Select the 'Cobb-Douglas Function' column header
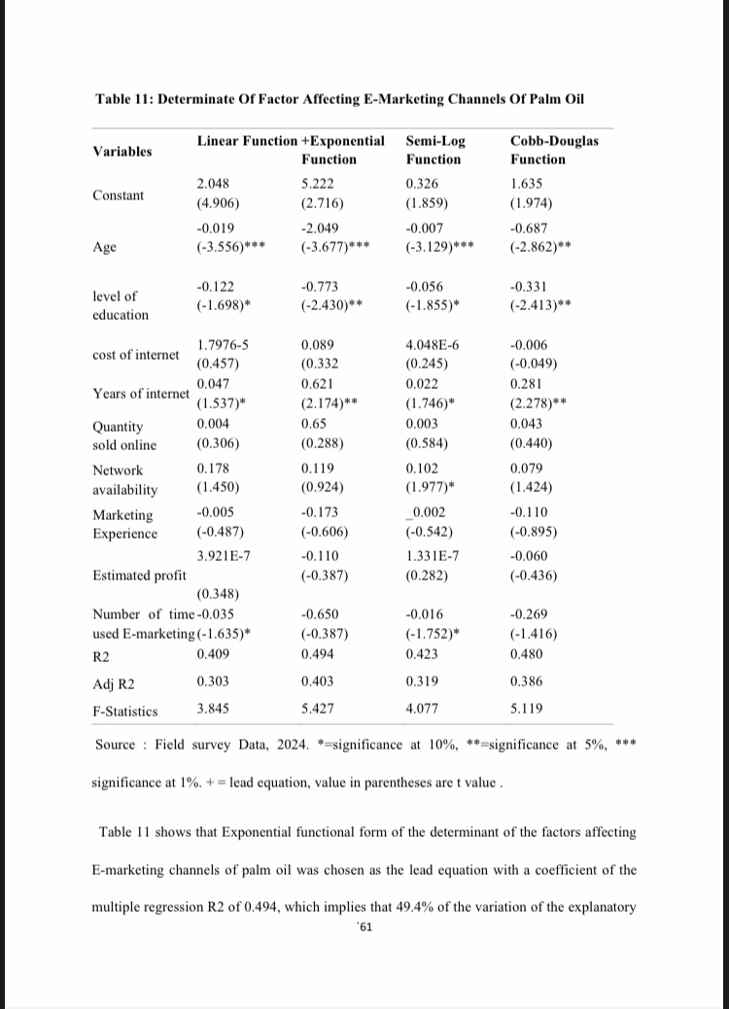click(x=554, y=150)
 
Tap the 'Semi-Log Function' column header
click(x=434, y=150)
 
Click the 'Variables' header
click(x=122, y=151)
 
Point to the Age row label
click(x=104, y=247)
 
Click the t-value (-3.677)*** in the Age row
click(x=332, y=247)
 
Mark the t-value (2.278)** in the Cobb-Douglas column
click(x=539, y=403)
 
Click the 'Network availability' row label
click(x=124, y=479)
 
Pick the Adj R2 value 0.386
click(x=527, y=682)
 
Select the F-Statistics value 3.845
click(x=213, y=709)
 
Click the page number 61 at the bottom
click(x=365, y=926)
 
